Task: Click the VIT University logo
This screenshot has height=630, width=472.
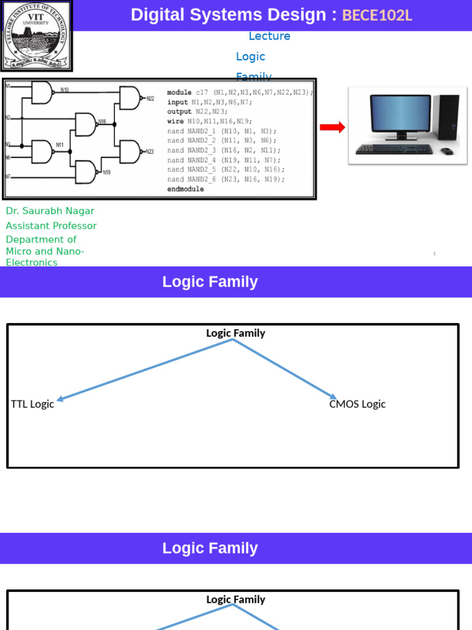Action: [x=36, y=35]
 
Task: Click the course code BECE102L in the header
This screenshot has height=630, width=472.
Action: [x=377, y=15]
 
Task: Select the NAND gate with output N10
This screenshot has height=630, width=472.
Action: [x=42, y=92]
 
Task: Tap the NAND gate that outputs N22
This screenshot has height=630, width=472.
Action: [x=130, y=98]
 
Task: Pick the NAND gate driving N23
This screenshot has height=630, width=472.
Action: [x=130, y=151]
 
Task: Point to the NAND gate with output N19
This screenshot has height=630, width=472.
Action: [x=85, y=172]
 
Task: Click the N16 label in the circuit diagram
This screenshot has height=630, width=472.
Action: [x=102, y=121]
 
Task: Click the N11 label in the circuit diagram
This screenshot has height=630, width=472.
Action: [x=60, y=145]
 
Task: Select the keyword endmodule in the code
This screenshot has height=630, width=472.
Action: [x=185, y=189]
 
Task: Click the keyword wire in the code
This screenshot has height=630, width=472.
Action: [x=175, y=121]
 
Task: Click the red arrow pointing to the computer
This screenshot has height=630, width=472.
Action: [x=332, y=127]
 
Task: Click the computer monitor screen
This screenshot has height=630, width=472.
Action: [x=400, y=113]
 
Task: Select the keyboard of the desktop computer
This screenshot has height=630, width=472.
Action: [x=394, y=149]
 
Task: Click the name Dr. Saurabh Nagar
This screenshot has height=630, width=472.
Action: [x=50, y=211]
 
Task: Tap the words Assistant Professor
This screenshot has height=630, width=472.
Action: [x=51, y=226]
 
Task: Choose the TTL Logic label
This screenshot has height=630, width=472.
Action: [x=33, y=404]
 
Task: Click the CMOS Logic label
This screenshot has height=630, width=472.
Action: [x=357, y=404]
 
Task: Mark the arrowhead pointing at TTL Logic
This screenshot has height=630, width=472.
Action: [x=60, y=399]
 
